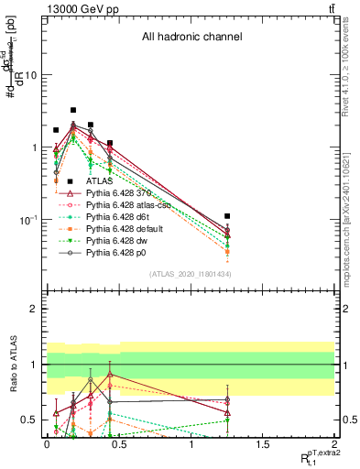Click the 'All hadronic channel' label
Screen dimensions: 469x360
pos(191,38)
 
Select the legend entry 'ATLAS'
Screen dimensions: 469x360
pos(111,182)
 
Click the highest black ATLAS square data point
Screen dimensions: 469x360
pos(73,110)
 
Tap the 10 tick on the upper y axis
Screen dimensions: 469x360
pos(30,75)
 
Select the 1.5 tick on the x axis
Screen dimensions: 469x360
pos(263,444)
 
